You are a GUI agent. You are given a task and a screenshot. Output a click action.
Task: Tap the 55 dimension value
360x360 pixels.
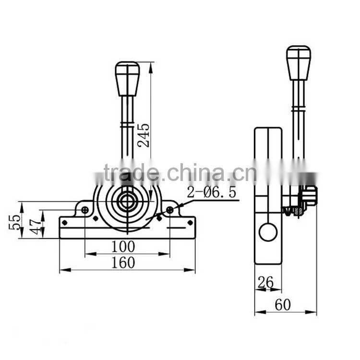[x=15, y=222]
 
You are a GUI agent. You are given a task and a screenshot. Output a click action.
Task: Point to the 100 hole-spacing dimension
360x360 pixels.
[x=123, y=247]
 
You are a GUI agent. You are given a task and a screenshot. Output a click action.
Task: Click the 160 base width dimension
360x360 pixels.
[x=123, y=263]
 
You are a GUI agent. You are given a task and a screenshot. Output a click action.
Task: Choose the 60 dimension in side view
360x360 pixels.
[x=283, y=305]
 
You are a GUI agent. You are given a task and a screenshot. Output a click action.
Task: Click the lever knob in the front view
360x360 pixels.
[x=127, y=78]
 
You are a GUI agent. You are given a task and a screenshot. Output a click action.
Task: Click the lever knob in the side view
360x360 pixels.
[x=299, y=62]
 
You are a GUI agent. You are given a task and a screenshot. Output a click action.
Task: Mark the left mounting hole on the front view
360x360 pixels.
[x=85, y=210]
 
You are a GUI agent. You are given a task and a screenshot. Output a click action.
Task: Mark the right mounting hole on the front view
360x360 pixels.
[x=169, y=210]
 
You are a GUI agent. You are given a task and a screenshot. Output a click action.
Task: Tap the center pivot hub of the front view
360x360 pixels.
[x=127, y=201]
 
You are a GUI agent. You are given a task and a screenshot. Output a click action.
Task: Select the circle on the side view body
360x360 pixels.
[x=268, y=232]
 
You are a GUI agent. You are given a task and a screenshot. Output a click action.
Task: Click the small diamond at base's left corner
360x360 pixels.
[x=65, y=223]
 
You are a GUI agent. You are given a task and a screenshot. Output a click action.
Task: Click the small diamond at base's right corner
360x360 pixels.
[x=190, y=223]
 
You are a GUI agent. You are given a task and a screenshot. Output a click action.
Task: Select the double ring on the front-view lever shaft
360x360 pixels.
[x=127, y=125]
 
